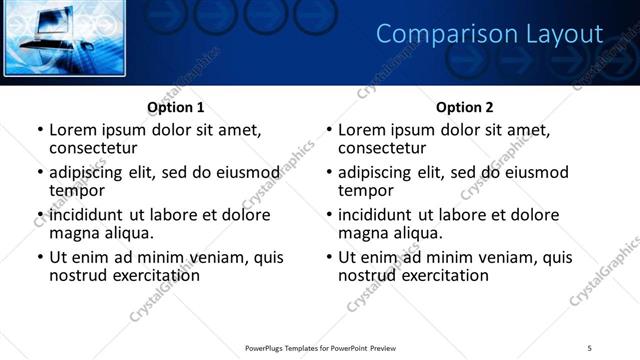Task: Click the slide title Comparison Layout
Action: tap(489, 34)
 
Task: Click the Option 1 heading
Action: tap(175, 107)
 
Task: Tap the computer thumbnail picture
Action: tap(66, 39)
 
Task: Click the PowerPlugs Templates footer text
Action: tap(321, 347)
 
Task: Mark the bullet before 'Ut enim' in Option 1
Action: tap(40, 257)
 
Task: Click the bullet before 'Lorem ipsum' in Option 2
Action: tap(329, 131)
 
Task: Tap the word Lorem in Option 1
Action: tap(73, 130)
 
